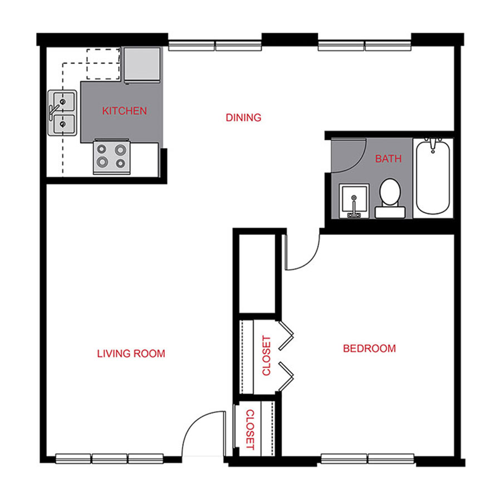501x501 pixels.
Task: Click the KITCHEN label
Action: pyautogui.click(x=125, y=111)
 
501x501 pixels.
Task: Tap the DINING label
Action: pyautogui.click(x=243, y=117)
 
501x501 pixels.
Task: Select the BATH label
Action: pyautogui.click(x=388, y=159)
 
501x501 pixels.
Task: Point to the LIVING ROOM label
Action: pyautogui.click(x=131, y=353)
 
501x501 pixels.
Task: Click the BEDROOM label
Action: pyautogui.click(x=369, y=349)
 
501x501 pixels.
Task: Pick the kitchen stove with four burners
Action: pyautogui.click(x=111, y=156)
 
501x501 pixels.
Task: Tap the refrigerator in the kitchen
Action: pyautogui.click(x=143, y=64)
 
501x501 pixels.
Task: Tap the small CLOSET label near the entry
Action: pyautogui.click(x=250, y=430)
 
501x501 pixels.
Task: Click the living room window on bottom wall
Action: pyautogui.click(x=109, y=459)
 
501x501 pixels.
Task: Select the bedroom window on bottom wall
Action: pyautogui.click(x=367, y=459)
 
